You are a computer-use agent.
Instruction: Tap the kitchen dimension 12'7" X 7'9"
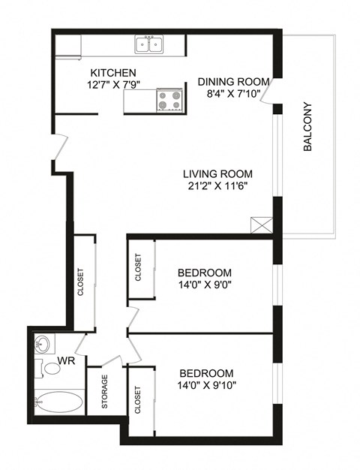[x=114, y=85]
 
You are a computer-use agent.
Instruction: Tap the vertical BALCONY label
[x=307, y=128]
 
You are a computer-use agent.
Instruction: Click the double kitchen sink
[x=150, y=46]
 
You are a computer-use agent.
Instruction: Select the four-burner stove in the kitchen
[x=169, y=100]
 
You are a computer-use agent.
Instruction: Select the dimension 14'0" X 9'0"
[x=205, y=286]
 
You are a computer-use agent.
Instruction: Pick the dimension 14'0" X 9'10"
[x=206, y=386]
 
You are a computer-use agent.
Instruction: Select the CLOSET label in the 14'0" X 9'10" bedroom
[x=138, y=400]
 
